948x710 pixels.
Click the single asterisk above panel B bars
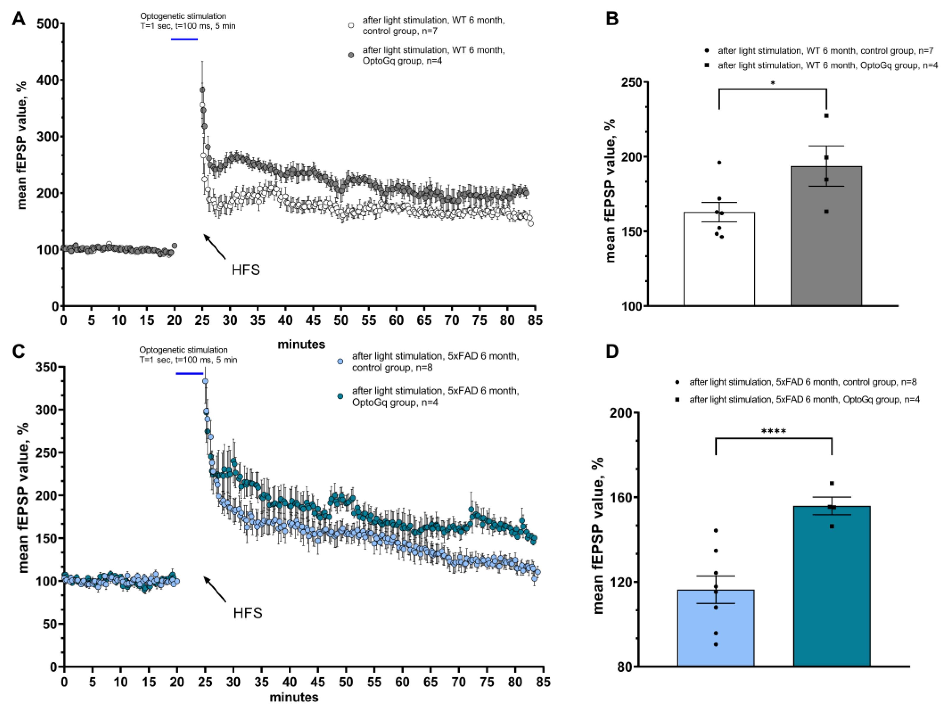[773, 83]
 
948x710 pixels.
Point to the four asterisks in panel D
[774, 431]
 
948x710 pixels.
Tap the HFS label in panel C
[248, 613]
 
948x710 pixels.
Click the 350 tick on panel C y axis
[48, 367]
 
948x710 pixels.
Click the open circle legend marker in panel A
[351, 25]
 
